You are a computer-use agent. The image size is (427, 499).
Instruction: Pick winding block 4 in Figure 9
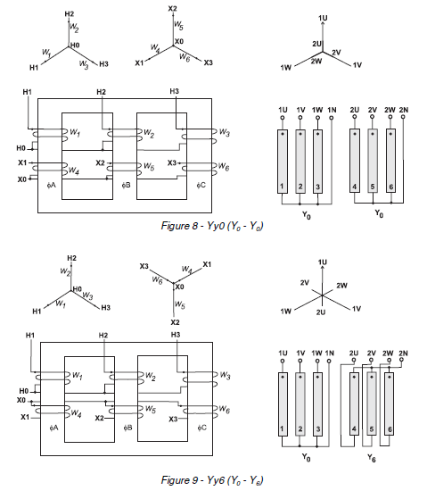(354, 405)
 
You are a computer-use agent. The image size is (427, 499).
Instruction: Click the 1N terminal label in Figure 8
(332, 109)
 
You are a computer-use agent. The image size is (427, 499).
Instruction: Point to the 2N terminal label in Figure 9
(402, 353)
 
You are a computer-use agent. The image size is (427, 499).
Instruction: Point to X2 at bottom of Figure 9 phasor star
(175, 320)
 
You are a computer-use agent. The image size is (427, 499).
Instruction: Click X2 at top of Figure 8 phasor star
(173, 8)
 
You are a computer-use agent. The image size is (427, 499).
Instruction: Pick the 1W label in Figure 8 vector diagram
(285, 66)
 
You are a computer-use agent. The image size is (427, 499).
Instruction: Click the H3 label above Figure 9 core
(175, 334)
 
